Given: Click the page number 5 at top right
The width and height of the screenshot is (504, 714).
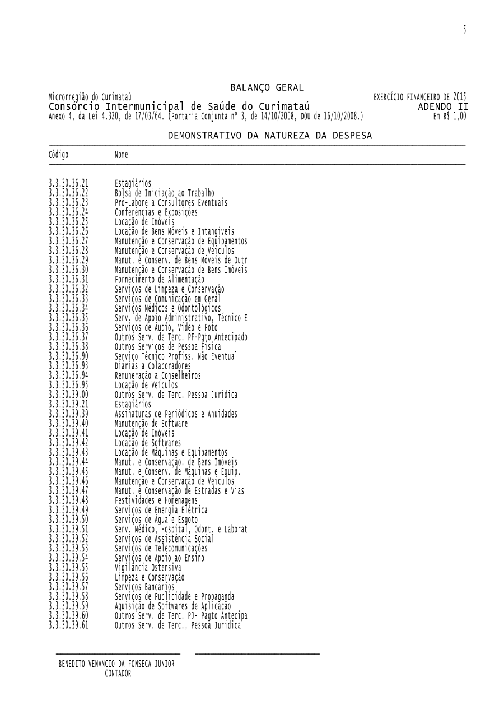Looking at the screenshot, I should tap(464, 30).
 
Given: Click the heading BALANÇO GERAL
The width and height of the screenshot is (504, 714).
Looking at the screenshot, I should tap(267, 87).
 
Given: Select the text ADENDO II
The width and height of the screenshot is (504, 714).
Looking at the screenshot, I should tap(443, 106).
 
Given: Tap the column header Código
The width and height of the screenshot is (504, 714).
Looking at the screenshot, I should tap(59, 155).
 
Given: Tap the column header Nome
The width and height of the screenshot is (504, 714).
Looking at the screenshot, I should tap(122, 155).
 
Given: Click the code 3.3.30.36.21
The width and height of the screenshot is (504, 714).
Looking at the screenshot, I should tap(68, 183).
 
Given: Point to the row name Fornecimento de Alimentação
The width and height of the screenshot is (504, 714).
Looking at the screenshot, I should tap(160, 279).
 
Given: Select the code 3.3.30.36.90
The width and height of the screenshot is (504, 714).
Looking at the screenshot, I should tap(68, 356).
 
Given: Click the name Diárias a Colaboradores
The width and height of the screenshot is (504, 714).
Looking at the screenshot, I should tap(153, 366).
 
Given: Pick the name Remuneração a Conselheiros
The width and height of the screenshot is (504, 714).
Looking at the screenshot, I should tap(158, 375).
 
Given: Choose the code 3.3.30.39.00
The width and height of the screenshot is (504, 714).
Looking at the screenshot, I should tap(68, 395).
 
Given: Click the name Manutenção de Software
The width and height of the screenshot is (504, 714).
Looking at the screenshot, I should tap(151, 424).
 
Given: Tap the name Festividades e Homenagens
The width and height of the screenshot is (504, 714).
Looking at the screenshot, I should tap(156, 500).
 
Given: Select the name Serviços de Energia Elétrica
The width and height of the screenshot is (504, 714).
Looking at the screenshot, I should tap(161, 510).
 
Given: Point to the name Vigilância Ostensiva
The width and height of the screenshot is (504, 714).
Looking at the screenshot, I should tap(148, 568).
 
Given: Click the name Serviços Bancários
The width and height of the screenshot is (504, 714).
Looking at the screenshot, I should tap(144, 587).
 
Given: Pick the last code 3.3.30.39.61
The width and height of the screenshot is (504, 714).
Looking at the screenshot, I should tap(68, 625).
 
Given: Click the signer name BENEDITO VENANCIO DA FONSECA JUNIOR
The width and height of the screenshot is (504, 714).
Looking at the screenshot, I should tap(116, 664).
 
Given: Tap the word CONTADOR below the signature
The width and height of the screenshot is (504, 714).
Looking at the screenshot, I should tap(118, 674).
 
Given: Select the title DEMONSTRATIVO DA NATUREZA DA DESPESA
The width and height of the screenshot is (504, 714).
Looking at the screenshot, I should tap(270, 136).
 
